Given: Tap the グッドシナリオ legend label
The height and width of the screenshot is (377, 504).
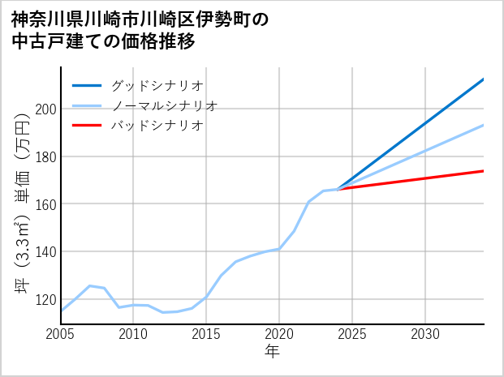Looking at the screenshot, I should coord(157,85).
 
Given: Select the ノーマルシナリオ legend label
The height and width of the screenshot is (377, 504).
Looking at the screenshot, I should coord(165,105).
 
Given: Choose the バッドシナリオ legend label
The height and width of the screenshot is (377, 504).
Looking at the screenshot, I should coord(157,126).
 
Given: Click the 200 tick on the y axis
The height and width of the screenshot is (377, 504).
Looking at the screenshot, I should coord(46,109).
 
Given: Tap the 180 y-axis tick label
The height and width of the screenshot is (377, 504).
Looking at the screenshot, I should coord(46,156).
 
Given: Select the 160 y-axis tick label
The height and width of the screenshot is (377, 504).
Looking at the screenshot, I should coord(46,204).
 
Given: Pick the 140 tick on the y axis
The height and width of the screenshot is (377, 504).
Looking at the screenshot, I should coord(46,252).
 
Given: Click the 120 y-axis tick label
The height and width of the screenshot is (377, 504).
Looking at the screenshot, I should coord(46,299).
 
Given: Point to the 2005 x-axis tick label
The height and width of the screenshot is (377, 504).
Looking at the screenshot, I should coord(61,334).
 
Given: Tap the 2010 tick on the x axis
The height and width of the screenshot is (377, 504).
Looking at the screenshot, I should coord(133,334).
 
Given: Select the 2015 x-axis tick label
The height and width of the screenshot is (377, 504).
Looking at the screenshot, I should coord(206,334).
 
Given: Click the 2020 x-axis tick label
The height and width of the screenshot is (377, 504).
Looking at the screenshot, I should coord(279,334).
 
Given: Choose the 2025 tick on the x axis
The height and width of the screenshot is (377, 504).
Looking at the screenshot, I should coord(352,334).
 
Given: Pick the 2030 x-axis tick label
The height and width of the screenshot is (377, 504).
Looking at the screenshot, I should coord(425,334).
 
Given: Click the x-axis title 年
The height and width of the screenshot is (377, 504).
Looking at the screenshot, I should coord(272,352).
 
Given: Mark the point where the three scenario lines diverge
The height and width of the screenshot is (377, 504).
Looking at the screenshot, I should coord(338,189).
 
